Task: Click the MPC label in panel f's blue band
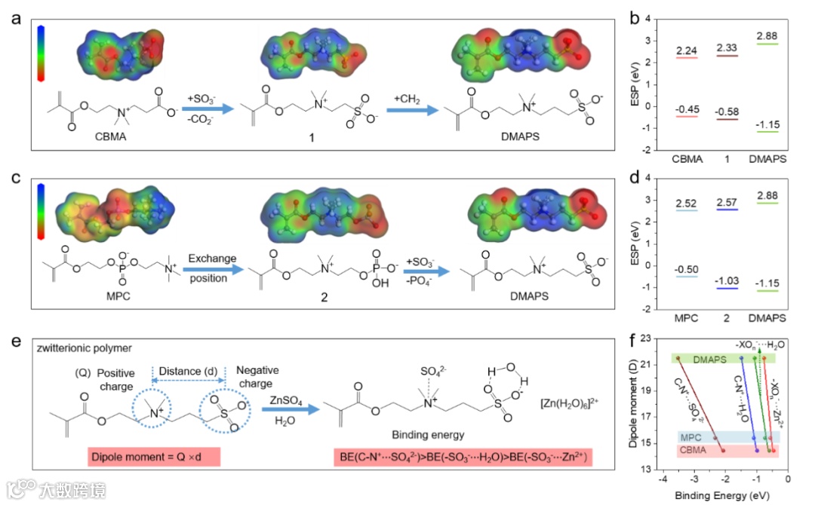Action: pos(689,438)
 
